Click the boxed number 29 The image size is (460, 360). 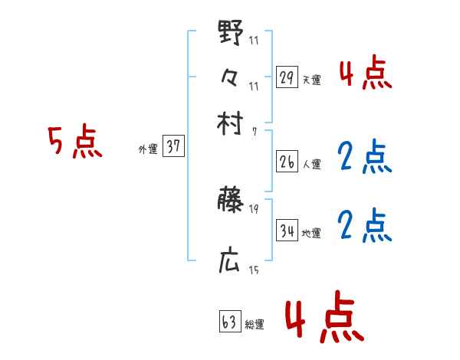click(x=287, y=77)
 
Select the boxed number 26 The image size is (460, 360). click(x=287, y=162)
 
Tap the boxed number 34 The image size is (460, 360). click(x=287, y=231)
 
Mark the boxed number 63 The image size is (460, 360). click(x=229, y=322)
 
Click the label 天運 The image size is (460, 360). click(x=312, y=80)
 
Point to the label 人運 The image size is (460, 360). click(x=312, y=164)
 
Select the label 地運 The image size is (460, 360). click(x=312, y=233)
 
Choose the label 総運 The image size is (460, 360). click(x=255, y=325)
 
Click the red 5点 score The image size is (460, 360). click(x=74, y=142)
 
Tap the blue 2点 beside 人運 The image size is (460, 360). click(x=364, y=157)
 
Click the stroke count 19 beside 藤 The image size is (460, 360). click(x=254, y=208)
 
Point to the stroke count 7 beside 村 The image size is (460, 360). click(x=255, y=132)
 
